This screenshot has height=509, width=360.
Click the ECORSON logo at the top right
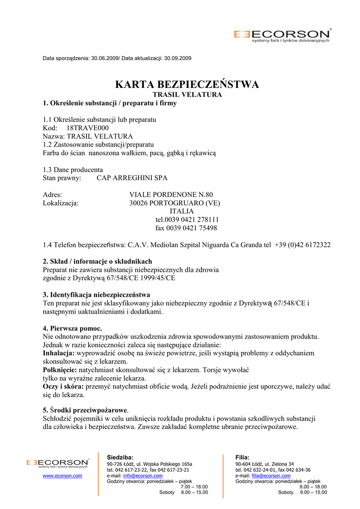[x=282, y=35]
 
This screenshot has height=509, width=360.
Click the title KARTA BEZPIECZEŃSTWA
[x=187, y=85]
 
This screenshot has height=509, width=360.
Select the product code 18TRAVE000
[x=88, y=128]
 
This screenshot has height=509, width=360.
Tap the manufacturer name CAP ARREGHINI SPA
[x=132, y=178]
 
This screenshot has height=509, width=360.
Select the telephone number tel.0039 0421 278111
[x=187, y=220]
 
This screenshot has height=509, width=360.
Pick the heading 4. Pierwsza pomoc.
[x=73, y=329]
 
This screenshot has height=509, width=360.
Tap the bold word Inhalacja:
[x=59, y=353]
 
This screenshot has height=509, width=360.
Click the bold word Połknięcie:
[x=60, y=370]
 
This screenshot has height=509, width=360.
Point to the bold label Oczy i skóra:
[x=64, y=387]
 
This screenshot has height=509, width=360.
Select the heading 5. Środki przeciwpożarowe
[x=85, y=410]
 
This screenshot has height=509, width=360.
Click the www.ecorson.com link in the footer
[x=62, y=476]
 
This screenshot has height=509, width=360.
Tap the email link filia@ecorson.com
[x=271, y=476]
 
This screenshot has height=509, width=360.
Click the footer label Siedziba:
[x=120, y=457]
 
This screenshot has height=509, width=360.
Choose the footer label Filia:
[x=242, y=457]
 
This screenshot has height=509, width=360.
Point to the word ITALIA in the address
[x=182, y=211]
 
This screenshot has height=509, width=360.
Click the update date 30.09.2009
[x=178, y=58]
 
